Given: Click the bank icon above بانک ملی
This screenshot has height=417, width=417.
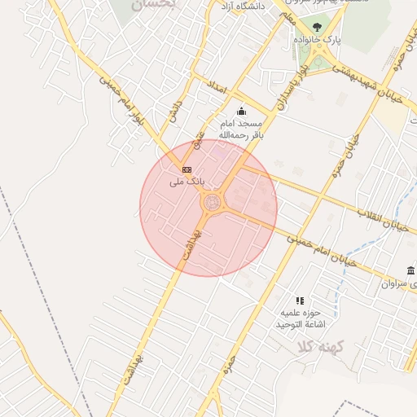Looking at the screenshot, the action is click(187, 169).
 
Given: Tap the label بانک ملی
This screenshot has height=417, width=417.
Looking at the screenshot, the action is click(186, 182).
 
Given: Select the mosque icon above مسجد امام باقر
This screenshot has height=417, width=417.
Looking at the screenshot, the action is click(240, 112).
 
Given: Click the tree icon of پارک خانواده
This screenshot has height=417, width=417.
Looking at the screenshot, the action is click(317, 28).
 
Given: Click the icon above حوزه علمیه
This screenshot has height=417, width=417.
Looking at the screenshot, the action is click(300, 301).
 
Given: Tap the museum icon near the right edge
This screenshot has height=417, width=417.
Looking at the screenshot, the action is click(410, 270).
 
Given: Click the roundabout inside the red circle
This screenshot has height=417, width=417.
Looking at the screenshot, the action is click(213, 201).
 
